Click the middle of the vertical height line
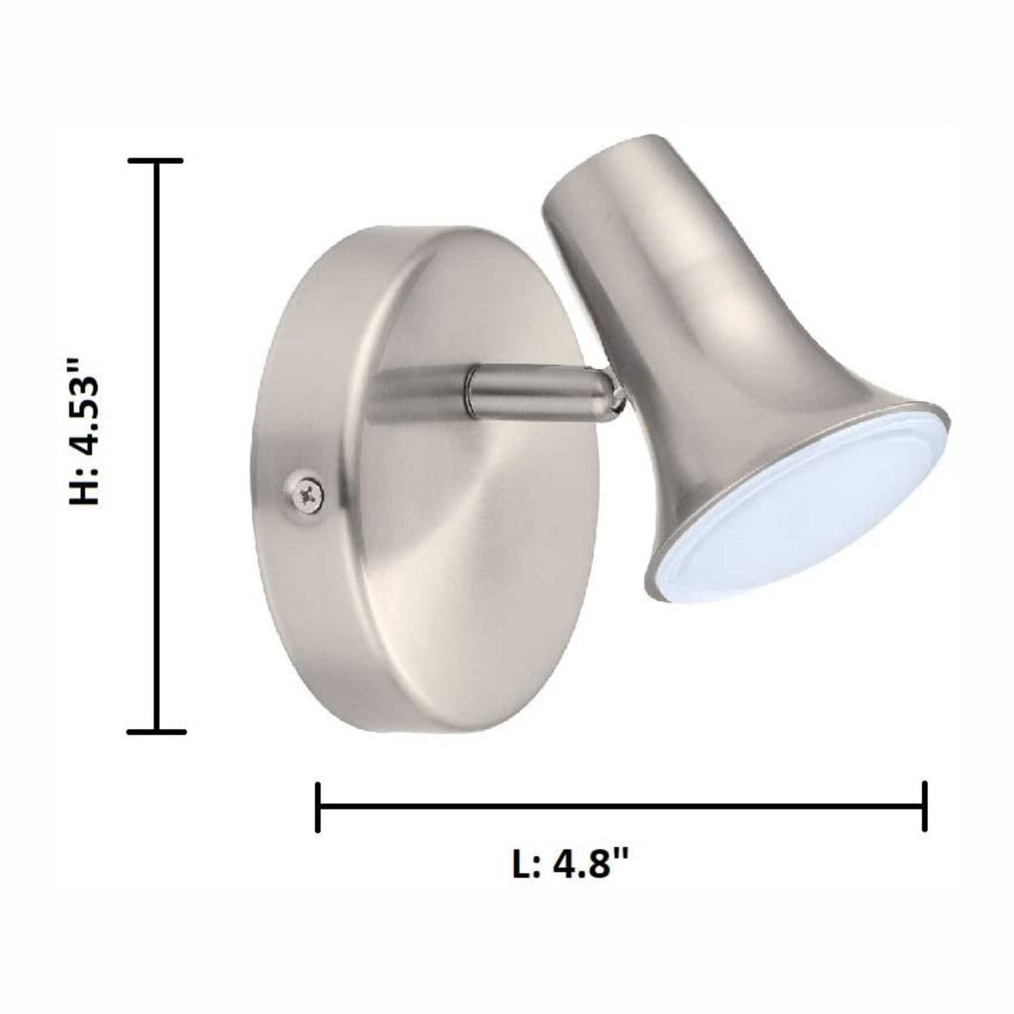157,445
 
